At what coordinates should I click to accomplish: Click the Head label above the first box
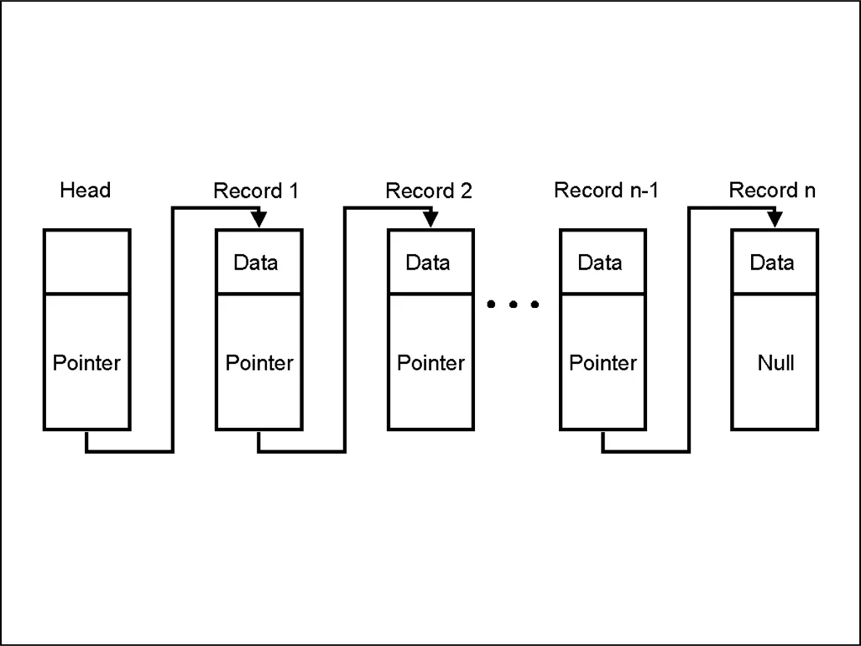[x=85, y=190]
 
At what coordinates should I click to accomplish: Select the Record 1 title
[x=256, y=191]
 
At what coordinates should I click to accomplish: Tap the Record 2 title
[x=428, y=191]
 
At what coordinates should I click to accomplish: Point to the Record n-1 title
[x=606, y=190]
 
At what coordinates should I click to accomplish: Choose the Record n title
[x=772, y=190]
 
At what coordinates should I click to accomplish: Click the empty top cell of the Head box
[x=86, y=261]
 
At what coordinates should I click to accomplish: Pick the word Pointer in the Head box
[x=86, y=362]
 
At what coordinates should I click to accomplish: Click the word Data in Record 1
[x=256, y=263]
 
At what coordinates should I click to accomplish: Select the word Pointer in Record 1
[x=259, y=362]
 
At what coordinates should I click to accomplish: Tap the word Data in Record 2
[x=428, y=263]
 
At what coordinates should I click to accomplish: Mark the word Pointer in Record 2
[x=430, y=362]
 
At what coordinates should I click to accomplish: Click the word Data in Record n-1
[x=600, y=263]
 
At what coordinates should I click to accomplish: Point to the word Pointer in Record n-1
[x=603, y=362]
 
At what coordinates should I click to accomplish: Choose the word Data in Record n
[x=772, y=263]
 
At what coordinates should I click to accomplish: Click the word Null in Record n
[x=776, y=362]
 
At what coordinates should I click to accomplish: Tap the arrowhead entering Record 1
[x=258, y=219]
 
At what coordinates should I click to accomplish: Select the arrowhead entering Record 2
[x=431, y=219]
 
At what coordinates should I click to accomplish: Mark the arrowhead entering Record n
[x=775, y=219]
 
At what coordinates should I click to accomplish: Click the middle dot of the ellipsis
[x=513, y=304]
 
